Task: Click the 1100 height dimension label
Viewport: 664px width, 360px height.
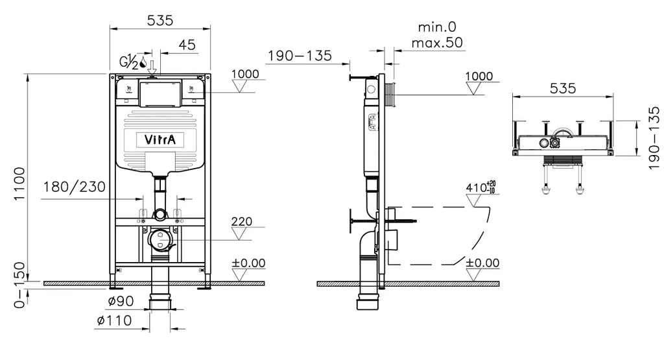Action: point(19,184)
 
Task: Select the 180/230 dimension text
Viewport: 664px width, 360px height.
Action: point(73,188)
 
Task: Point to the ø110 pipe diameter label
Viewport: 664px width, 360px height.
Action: point(115,320)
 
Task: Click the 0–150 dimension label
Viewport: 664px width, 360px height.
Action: point(19,285)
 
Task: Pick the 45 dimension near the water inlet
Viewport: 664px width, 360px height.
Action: point(187,45)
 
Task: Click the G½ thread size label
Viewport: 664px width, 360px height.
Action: point(128,62)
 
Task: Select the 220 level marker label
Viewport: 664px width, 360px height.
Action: point(241,222)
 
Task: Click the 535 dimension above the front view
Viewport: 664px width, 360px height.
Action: point(160,20)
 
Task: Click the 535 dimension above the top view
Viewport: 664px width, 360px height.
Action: point(563,89)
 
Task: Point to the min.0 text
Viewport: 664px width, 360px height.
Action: point(437,27)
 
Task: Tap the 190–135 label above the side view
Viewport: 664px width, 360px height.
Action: point(300,56)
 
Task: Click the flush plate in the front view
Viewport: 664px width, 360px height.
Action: point(160,93)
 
